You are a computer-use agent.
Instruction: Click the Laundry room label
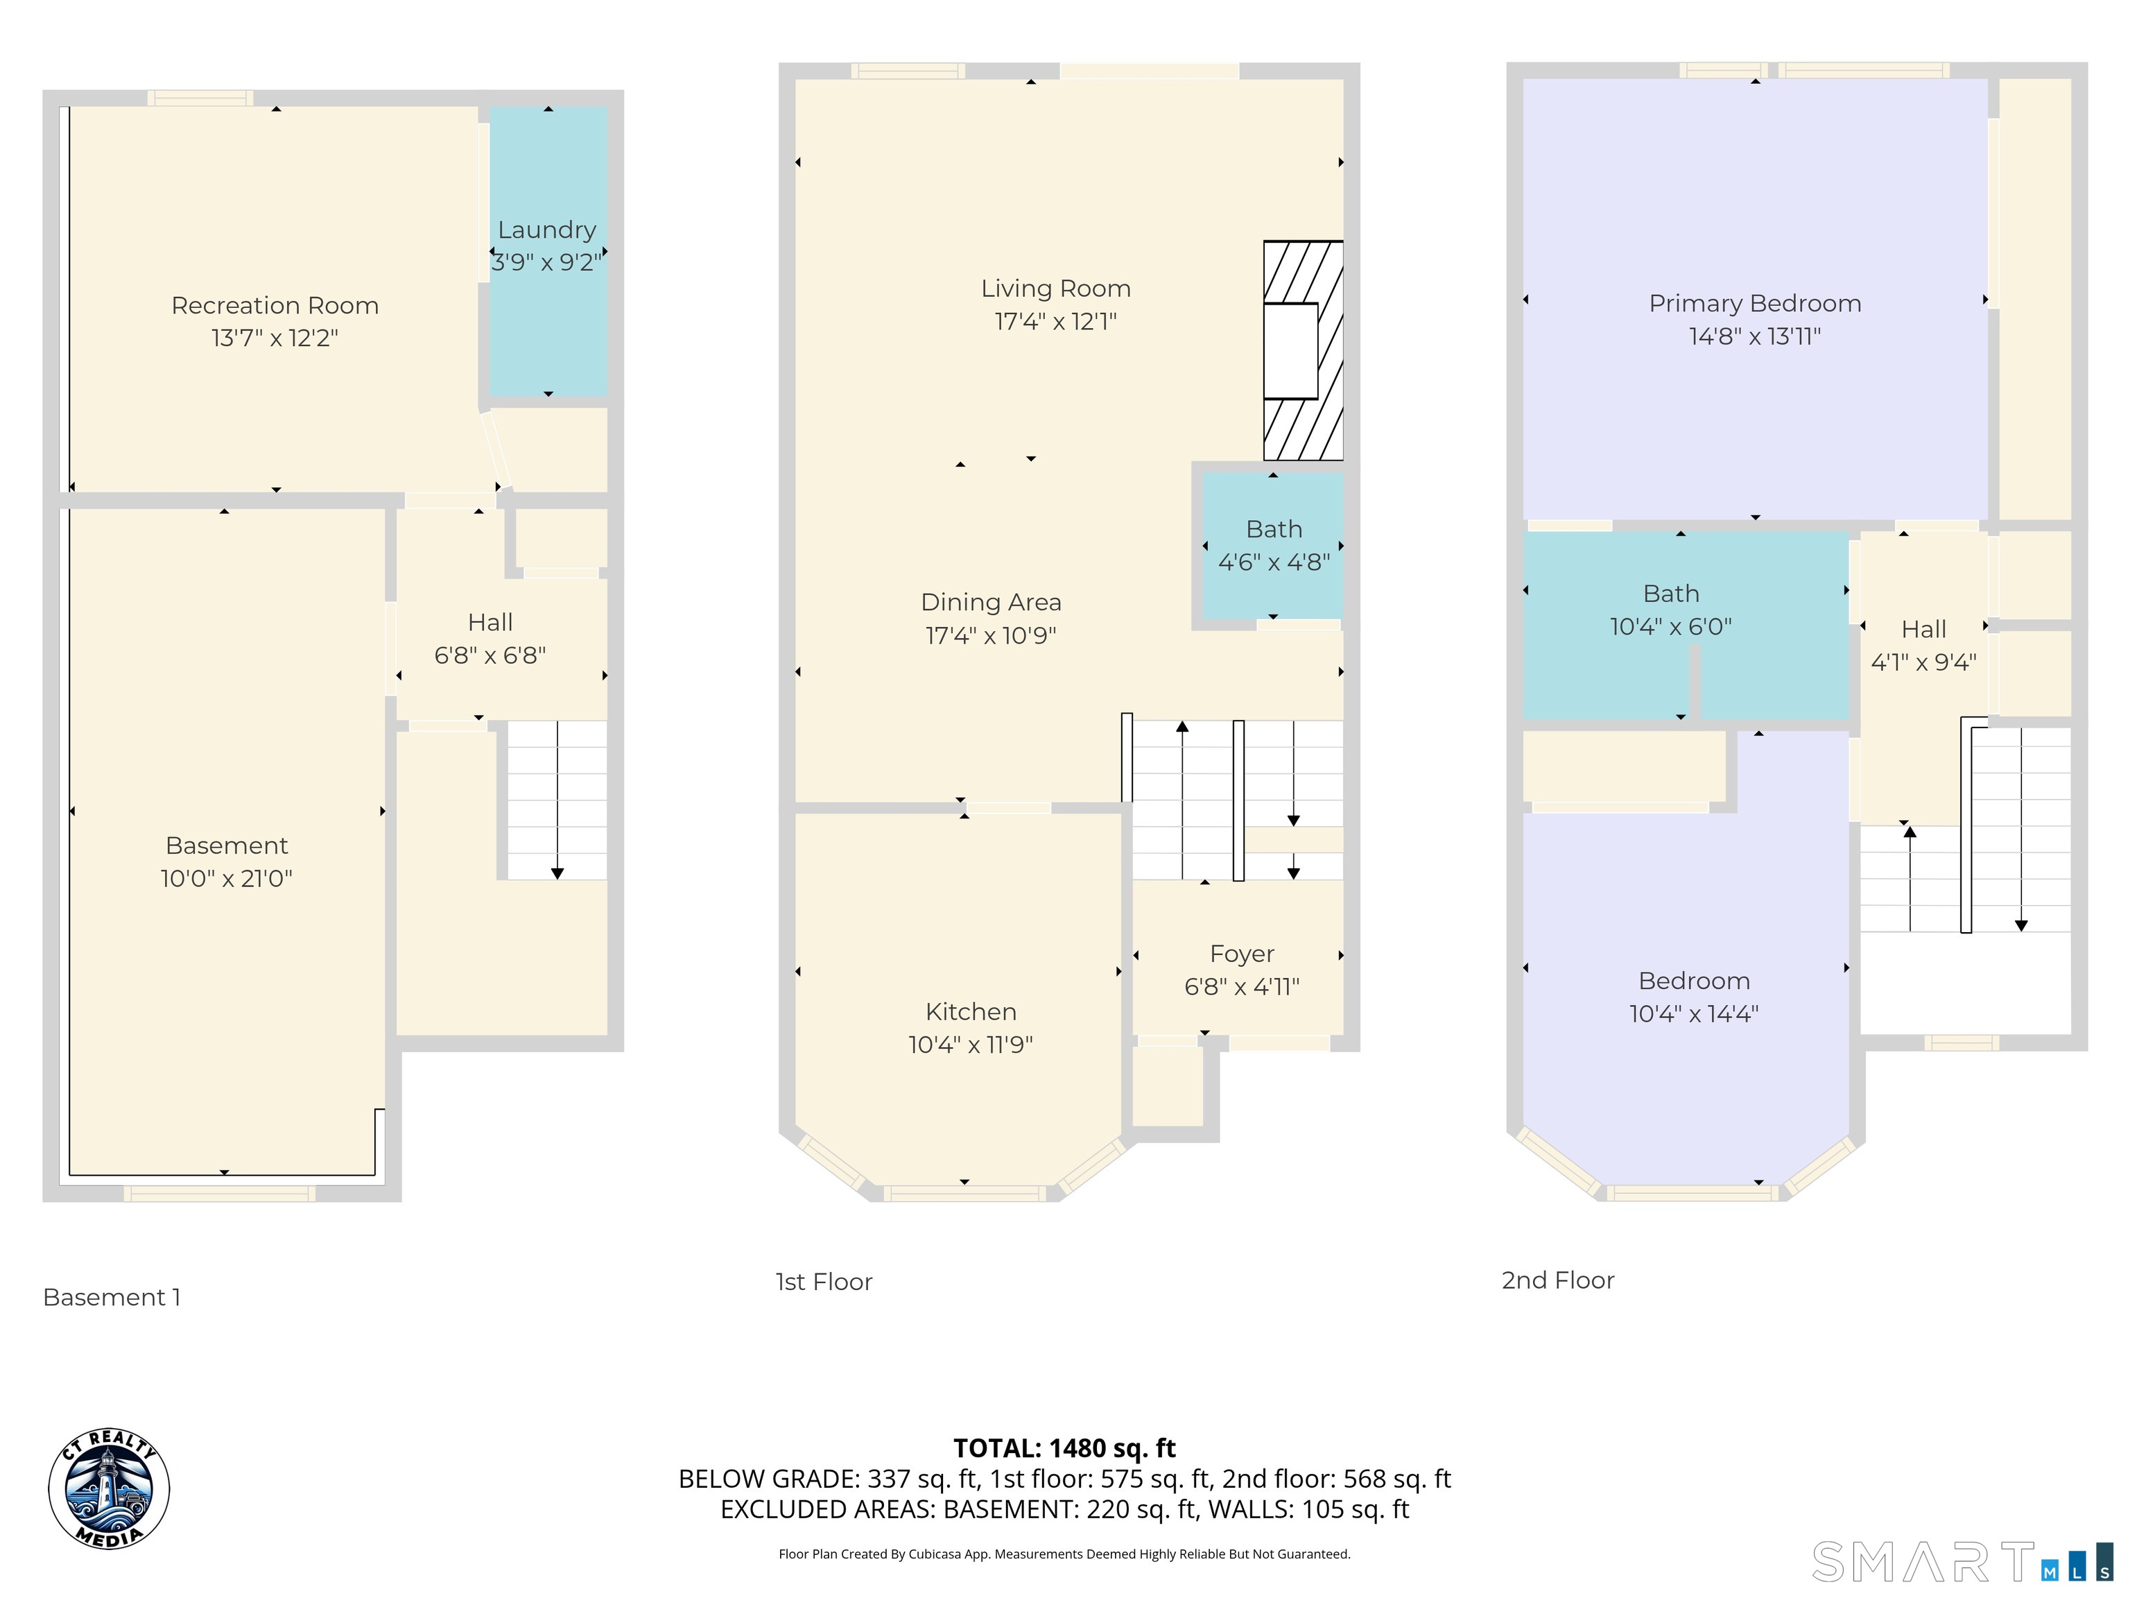point(547,230)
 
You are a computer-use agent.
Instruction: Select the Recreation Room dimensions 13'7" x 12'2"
point(275,338)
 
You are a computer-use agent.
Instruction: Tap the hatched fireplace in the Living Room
point(1303,351)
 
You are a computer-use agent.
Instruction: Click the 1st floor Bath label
point(1273,529)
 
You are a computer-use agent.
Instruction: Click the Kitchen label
point(970,1011)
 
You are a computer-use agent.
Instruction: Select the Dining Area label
point(990,602)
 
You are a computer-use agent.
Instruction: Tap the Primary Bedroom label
point(1754,303)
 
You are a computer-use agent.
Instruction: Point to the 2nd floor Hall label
point(1923,629)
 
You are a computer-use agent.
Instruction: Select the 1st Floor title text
point(823,1281)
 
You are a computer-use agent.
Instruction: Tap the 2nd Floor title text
point(1557,1280)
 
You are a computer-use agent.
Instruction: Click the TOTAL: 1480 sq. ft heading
point(1064,1447)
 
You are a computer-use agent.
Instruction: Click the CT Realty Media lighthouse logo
point(109,1489)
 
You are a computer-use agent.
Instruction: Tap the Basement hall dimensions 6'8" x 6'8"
point(490,655)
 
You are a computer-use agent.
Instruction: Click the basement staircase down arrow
point(557,872)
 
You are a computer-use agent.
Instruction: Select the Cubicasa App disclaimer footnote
point(1064,1554)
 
